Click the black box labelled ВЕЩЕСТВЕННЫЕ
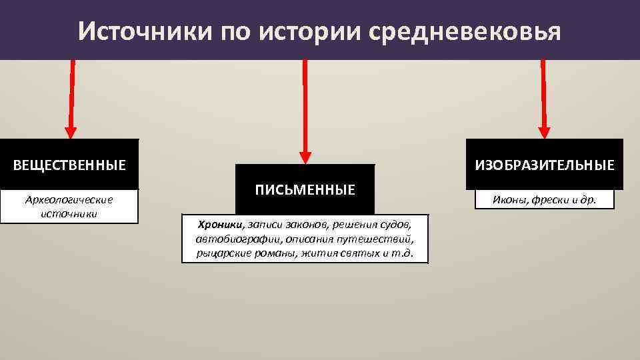coord(70,164)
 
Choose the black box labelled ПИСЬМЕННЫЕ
coord(305,189)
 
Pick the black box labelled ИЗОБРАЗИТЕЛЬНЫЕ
coord(544,164)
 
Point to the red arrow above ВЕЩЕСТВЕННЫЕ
coord(71,100)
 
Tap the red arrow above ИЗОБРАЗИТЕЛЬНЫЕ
coord(543,100)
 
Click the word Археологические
coord(69,199)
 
